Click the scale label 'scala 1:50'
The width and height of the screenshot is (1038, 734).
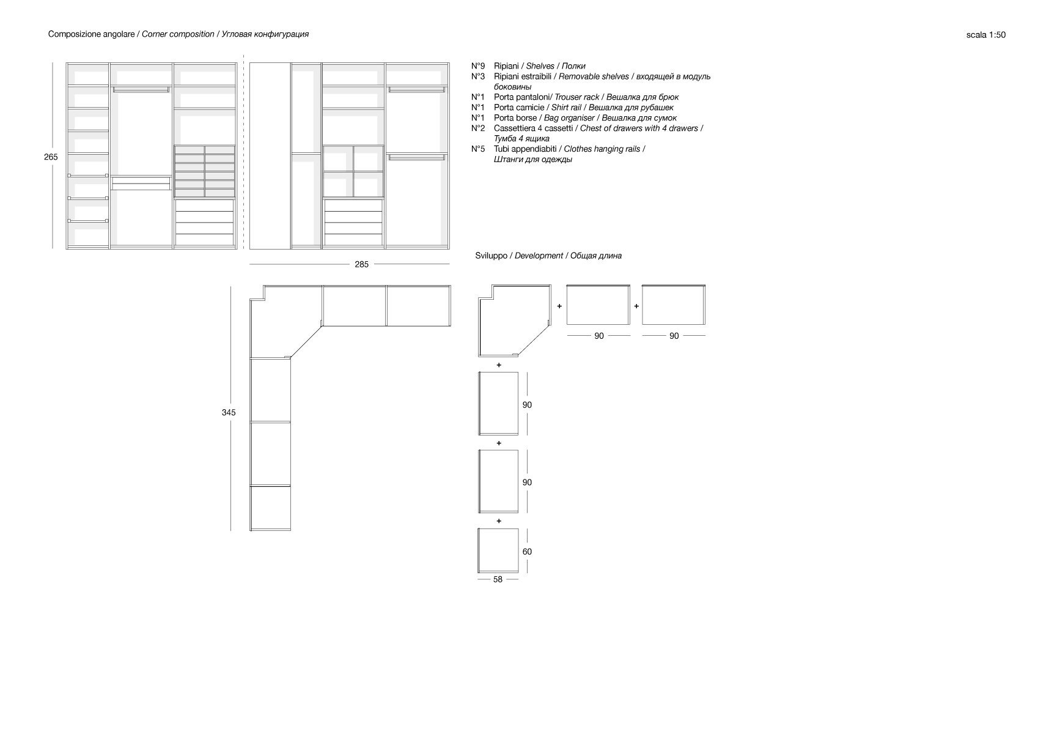(985, 35)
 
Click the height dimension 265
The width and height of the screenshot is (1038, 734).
(51, 157)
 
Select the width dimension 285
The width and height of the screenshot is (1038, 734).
(361, 265)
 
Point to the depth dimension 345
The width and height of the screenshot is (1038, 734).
(229, 413)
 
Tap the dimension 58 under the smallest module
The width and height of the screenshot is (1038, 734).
(498, 579)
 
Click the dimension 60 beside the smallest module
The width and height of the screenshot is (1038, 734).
(527, 552)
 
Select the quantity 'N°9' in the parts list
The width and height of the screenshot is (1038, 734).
(478, 66)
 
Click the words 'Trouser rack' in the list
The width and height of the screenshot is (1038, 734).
(576, 97)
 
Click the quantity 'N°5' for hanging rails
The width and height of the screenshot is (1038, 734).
(478, 149)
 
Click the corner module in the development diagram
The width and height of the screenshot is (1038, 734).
(507, 321)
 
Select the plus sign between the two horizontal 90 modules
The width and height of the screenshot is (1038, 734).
(636, 306)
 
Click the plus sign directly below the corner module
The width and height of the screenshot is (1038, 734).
(499, 365)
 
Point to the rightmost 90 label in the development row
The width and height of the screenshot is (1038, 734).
(674, 336)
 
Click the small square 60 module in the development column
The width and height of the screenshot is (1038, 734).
(498, 549)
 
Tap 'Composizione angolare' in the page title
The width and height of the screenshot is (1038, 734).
(91, 34)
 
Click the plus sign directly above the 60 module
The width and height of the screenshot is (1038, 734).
(499, 521)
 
